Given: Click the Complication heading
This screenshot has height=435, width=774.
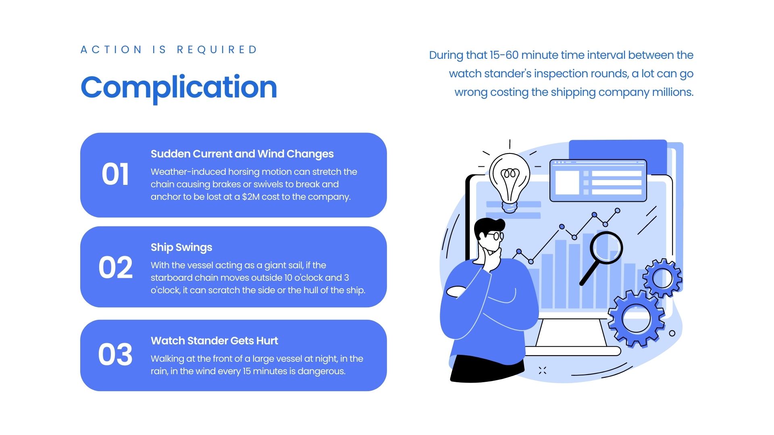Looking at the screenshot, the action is [179, 88].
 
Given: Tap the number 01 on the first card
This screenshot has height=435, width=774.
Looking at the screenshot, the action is [115, 174].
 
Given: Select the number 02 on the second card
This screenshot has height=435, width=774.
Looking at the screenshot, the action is [115, 267].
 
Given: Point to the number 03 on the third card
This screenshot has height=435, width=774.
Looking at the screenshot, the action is [115, 354].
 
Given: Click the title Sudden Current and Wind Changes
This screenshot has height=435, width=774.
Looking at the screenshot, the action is [242, 154].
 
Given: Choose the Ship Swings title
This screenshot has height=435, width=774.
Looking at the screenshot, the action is [181, 247].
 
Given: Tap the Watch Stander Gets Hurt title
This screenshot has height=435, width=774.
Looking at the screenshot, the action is [214, 341].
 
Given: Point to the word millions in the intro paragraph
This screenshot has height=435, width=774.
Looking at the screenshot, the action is [673, 92].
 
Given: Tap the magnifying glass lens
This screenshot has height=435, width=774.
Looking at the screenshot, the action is [607, 248].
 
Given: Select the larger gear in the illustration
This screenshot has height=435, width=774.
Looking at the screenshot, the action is [636, 318].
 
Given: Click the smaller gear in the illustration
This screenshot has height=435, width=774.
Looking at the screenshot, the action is [662, 278].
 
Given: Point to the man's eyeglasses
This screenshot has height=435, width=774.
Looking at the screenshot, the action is [495, 236].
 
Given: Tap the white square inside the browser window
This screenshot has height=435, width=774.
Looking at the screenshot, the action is [567, 182].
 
